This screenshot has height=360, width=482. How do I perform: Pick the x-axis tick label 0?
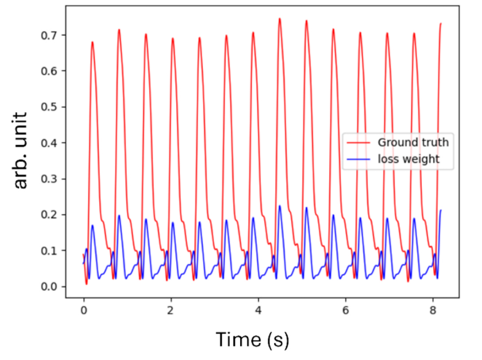point(83,310)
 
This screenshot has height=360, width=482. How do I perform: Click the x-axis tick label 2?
point(170,310)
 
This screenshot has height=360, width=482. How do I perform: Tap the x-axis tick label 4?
point(258,310)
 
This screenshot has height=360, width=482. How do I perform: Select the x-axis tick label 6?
point(345,310)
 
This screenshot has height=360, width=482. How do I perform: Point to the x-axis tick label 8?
point(432,310)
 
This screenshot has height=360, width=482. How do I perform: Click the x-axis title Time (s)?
point(252,339)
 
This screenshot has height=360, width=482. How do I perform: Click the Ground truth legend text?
point(413,142)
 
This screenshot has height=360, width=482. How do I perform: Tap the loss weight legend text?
point(408,159)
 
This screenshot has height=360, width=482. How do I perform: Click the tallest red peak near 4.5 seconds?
point(279,19)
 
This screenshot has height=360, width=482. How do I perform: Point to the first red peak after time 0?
point(92,42)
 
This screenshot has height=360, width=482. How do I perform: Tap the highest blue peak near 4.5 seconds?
point(279,206)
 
